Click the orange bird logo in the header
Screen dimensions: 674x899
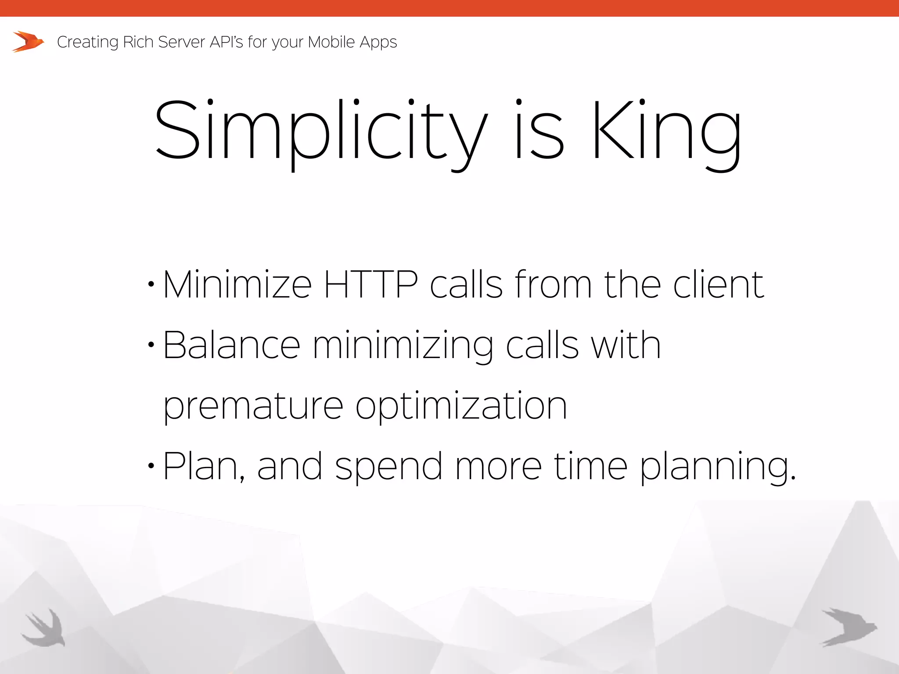pos(28,42)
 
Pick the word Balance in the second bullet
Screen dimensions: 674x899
pos(232,345)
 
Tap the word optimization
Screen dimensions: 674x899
pos(461,405)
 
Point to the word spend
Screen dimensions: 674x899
pos(388,467)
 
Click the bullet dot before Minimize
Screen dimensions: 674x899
pos(151,285)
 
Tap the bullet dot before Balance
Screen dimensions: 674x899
pos(151,345)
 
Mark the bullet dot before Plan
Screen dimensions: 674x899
pos(151,466)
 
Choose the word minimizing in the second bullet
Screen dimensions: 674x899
pos(403,346)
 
